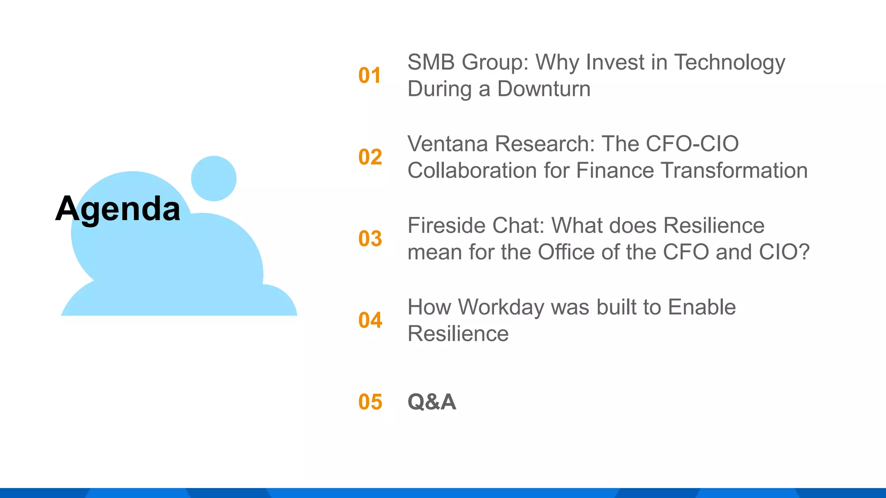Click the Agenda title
(118, 209)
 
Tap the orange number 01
(369, 76)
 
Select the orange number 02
(370, 157)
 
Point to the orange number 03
(370, 239)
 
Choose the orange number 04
(370, 320)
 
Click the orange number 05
(370, 402)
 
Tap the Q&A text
(431, 402)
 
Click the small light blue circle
(214, 179)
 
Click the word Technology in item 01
(729, 63)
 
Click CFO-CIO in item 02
(692, 144)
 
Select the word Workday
(501, 307)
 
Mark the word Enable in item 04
(701, 307)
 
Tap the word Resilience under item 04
(458, 334)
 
